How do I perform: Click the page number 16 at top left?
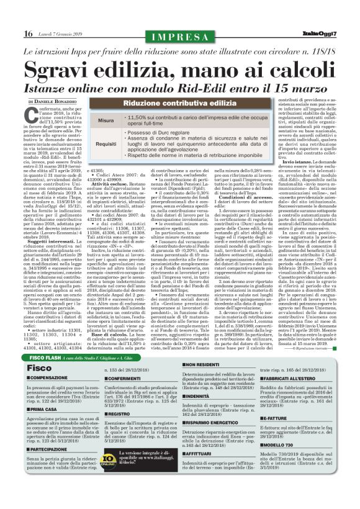pos(29,34)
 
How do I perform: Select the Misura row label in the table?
pos(106,120)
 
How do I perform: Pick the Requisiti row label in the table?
pos(106,144)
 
